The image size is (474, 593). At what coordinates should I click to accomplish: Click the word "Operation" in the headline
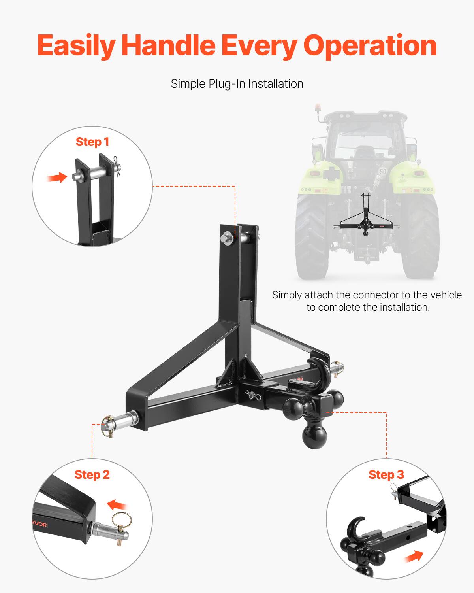pos(370,46)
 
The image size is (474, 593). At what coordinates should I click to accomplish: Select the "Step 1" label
pos(92,142)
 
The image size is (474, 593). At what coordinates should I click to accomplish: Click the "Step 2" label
pos(92,474)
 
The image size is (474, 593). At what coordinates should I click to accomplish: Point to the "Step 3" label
pos(386,474)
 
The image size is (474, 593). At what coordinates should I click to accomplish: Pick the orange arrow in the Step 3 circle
pos(413,557)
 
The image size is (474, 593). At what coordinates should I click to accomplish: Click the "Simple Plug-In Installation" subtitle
pos(237,84)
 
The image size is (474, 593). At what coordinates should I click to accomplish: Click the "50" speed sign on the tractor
pos(382,172)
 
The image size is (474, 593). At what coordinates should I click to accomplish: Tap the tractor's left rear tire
pos(311,237)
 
